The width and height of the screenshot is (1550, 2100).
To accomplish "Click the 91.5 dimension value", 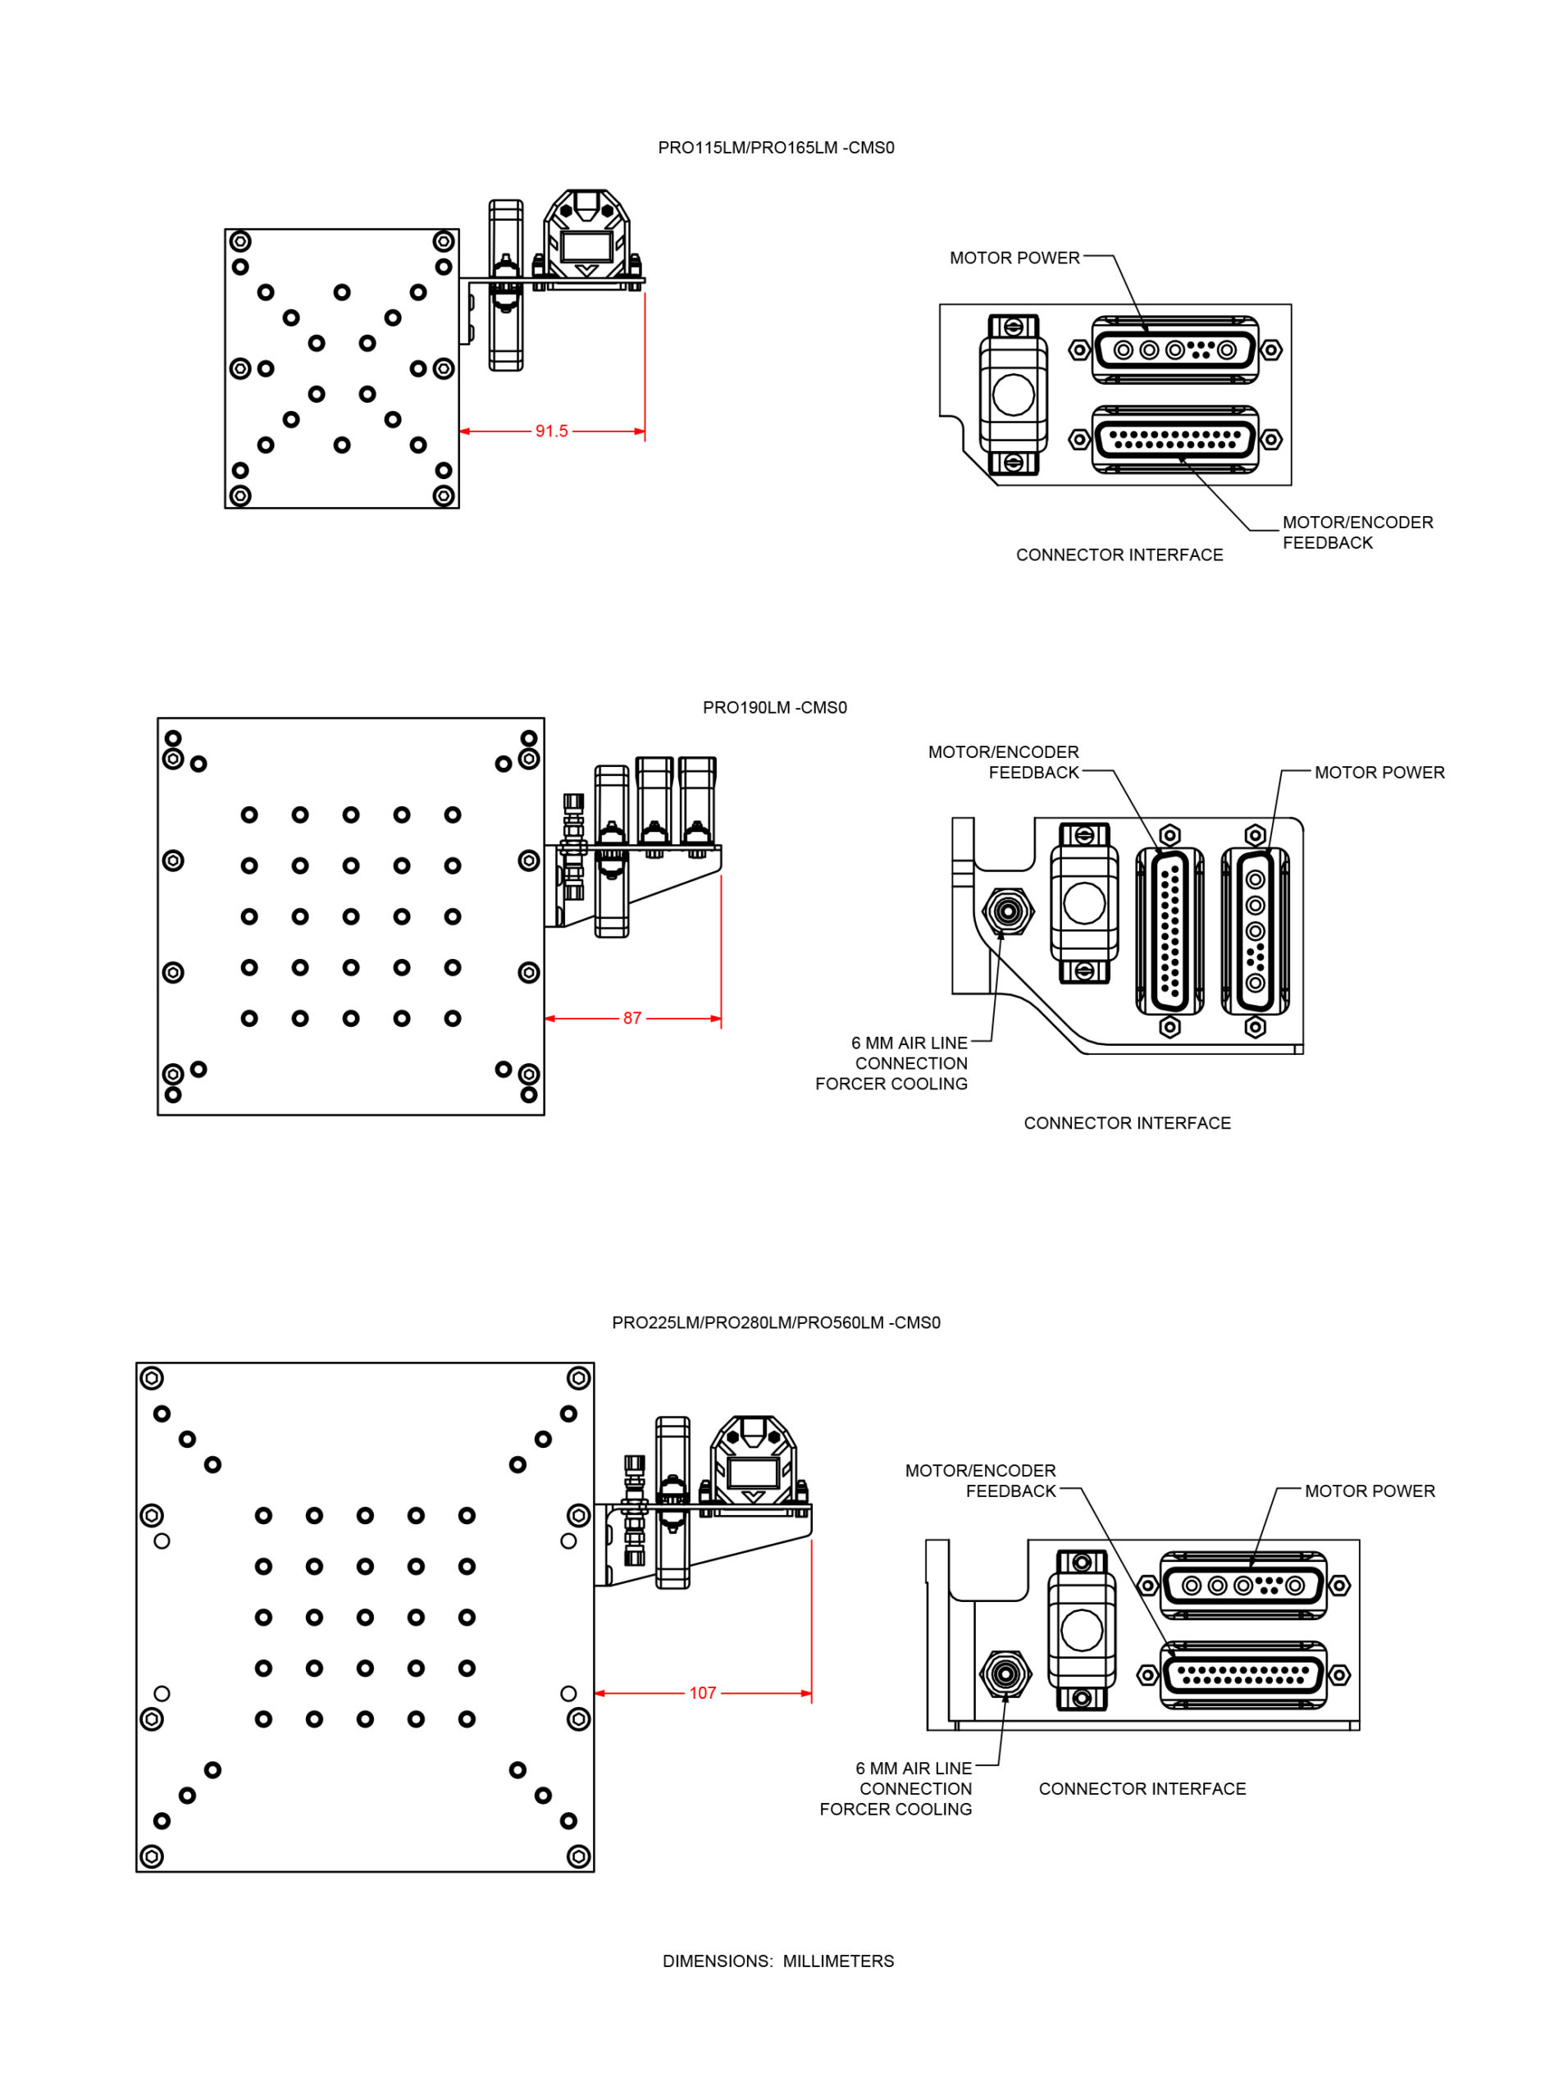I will tap(551, 431).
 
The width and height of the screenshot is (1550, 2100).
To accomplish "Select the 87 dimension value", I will tap(632, 1018).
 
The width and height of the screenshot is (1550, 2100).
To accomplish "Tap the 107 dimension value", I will tap(703, 1694).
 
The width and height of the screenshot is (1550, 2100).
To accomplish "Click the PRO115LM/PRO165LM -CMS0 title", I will tap(776, 148).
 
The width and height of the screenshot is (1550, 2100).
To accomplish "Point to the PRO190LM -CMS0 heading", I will tap(774, 707).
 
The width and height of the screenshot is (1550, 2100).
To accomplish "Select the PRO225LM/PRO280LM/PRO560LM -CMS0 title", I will tap(776, 1323).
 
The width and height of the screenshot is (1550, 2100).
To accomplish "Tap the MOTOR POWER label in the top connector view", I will tap(1014, 258).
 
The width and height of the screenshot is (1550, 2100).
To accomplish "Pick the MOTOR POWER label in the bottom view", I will tap(1369, 1492).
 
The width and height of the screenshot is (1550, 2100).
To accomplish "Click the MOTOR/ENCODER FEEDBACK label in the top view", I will tap(1356, 533).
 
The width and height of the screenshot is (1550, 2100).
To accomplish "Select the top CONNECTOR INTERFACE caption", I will tap(1119, 555).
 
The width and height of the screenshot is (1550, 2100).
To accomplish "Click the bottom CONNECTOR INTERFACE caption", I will tap(1142, 1789).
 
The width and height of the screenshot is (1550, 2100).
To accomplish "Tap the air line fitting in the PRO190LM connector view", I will tap(1008, 911).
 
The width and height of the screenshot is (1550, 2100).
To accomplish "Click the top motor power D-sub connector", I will tap(1174, 350).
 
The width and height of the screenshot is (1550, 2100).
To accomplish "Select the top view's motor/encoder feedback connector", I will tap(1174, 439).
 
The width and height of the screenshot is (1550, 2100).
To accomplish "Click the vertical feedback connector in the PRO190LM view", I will tap(1169, 931).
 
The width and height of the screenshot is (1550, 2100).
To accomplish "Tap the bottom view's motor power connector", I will tap(1243, 1586).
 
